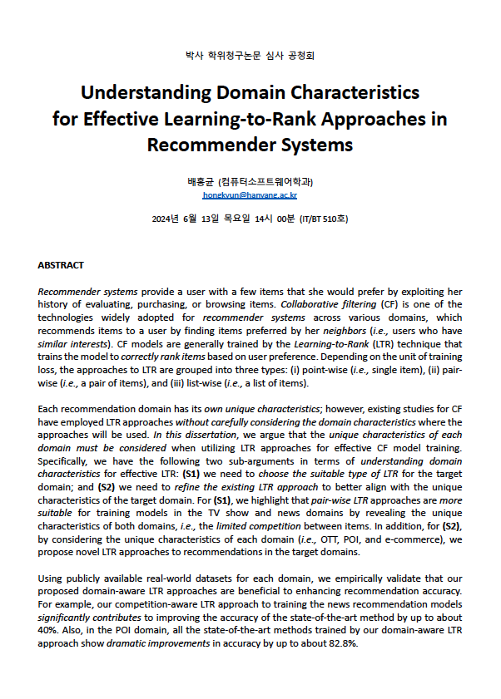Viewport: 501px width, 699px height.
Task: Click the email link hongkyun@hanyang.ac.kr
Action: (x=250, y=195)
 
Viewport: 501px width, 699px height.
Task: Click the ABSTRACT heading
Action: (x=61, y=265)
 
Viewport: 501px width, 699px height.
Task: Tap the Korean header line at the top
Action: (x=250, y=56)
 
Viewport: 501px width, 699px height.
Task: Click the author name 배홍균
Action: (x=202, y=181)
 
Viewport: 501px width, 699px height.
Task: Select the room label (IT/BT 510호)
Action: (x=323, y=219)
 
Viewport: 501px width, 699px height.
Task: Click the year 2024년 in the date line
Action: (x=166, y=219)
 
